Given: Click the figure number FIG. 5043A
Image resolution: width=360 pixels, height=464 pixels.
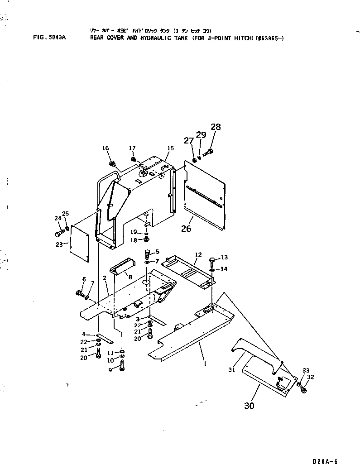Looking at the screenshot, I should (49, 38).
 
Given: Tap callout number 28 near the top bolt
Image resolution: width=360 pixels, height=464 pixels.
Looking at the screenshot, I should (216, 127).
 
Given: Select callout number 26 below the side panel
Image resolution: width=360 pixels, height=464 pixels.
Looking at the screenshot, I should (186, 229).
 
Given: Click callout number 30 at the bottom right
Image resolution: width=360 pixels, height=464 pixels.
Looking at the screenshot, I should (249, 406).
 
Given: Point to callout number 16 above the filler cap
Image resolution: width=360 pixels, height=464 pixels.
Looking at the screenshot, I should (106, 148).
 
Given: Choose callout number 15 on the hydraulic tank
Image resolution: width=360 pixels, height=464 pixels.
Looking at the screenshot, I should (170, 148).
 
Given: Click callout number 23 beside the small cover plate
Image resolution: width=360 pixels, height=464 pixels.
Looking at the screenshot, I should (58, 244).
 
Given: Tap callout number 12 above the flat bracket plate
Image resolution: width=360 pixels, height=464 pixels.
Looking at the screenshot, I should (197, 254).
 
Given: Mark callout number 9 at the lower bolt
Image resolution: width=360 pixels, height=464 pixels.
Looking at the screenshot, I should (110, 369).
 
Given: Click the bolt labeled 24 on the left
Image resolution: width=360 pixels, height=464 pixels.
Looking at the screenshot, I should (59, 234).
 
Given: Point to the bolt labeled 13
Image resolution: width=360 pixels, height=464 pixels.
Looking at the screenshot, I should (212, 260).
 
